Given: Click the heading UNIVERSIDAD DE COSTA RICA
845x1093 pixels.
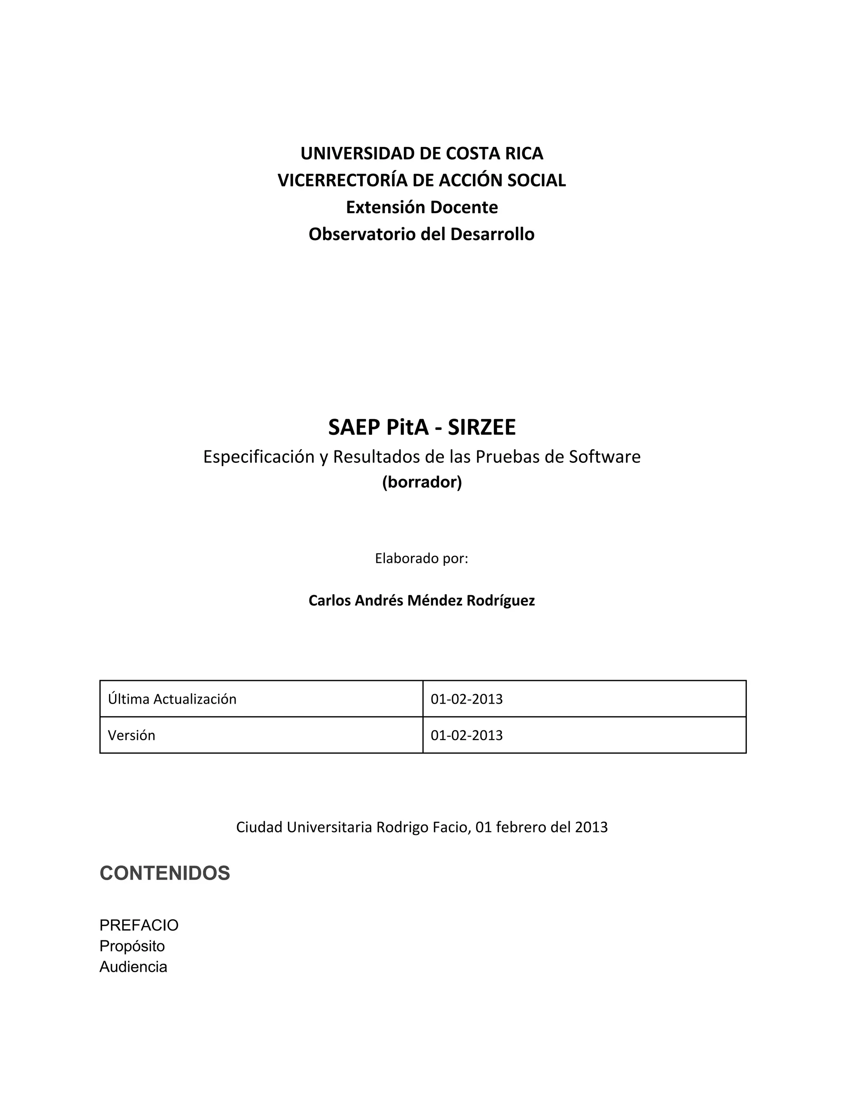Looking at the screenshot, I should click(x=422, y=153).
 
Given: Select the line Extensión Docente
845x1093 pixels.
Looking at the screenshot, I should click(x=422, y=207).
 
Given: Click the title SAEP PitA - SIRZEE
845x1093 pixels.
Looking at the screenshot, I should click(x=422, y=427).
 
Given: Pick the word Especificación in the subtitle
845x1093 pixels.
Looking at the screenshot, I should click(x=259, y=457).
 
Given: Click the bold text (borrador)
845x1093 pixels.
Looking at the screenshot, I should click(x=422, y=482).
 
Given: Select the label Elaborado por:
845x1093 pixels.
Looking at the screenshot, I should click(x=422, y=558).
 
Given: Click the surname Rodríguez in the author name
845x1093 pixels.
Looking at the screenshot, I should click(x=500, y=601).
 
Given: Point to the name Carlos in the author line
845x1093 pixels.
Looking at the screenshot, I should click(x=329, y=601).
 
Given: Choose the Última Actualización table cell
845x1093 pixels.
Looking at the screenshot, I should click(x=172, y=699).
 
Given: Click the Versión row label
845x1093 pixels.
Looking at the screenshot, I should click(x=132, y=735).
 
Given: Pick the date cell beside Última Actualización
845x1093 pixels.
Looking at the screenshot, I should click(x=467, y=699).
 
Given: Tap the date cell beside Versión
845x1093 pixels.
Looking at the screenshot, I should click(x=467, y=735).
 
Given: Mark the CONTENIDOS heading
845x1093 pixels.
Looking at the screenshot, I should click(x=165, y=873).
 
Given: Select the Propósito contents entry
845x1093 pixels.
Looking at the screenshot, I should click(x=132, y=946).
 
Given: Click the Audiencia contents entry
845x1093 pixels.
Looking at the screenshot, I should click(x=133, y=966).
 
